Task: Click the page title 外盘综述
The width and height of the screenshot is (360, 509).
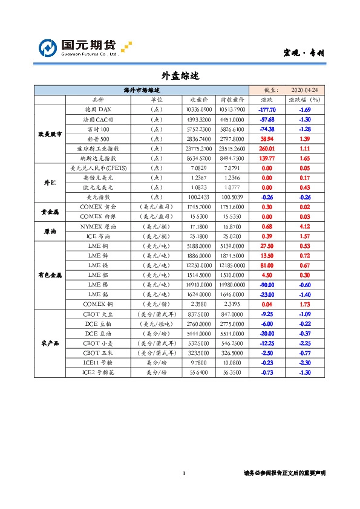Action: (180, 76)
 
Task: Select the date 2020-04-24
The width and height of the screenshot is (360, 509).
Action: (304, 89)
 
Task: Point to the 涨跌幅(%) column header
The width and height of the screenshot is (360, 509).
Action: (304, 100)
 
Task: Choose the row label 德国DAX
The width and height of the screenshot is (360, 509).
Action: (97, 109)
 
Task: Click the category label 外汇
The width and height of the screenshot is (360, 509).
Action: (50, 182)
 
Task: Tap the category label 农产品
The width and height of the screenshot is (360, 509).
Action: (50, 343)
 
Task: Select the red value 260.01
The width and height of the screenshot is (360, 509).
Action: (267, 148)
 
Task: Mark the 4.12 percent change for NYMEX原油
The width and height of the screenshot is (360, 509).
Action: (304, 226)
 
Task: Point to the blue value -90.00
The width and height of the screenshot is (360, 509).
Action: (267, 285)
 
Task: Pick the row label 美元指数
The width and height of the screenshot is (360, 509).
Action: (97, 197)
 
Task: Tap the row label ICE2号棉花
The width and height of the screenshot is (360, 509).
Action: (97, 372)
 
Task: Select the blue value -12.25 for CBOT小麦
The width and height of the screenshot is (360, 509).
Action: (267, 343)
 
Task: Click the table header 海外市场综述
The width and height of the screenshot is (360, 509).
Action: (140, 89)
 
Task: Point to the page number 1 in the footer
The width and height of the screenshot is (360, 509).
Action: (183, 473)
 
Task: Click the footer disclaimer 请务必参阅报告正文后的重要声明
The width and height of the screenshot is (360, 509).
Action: (284, 473)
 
